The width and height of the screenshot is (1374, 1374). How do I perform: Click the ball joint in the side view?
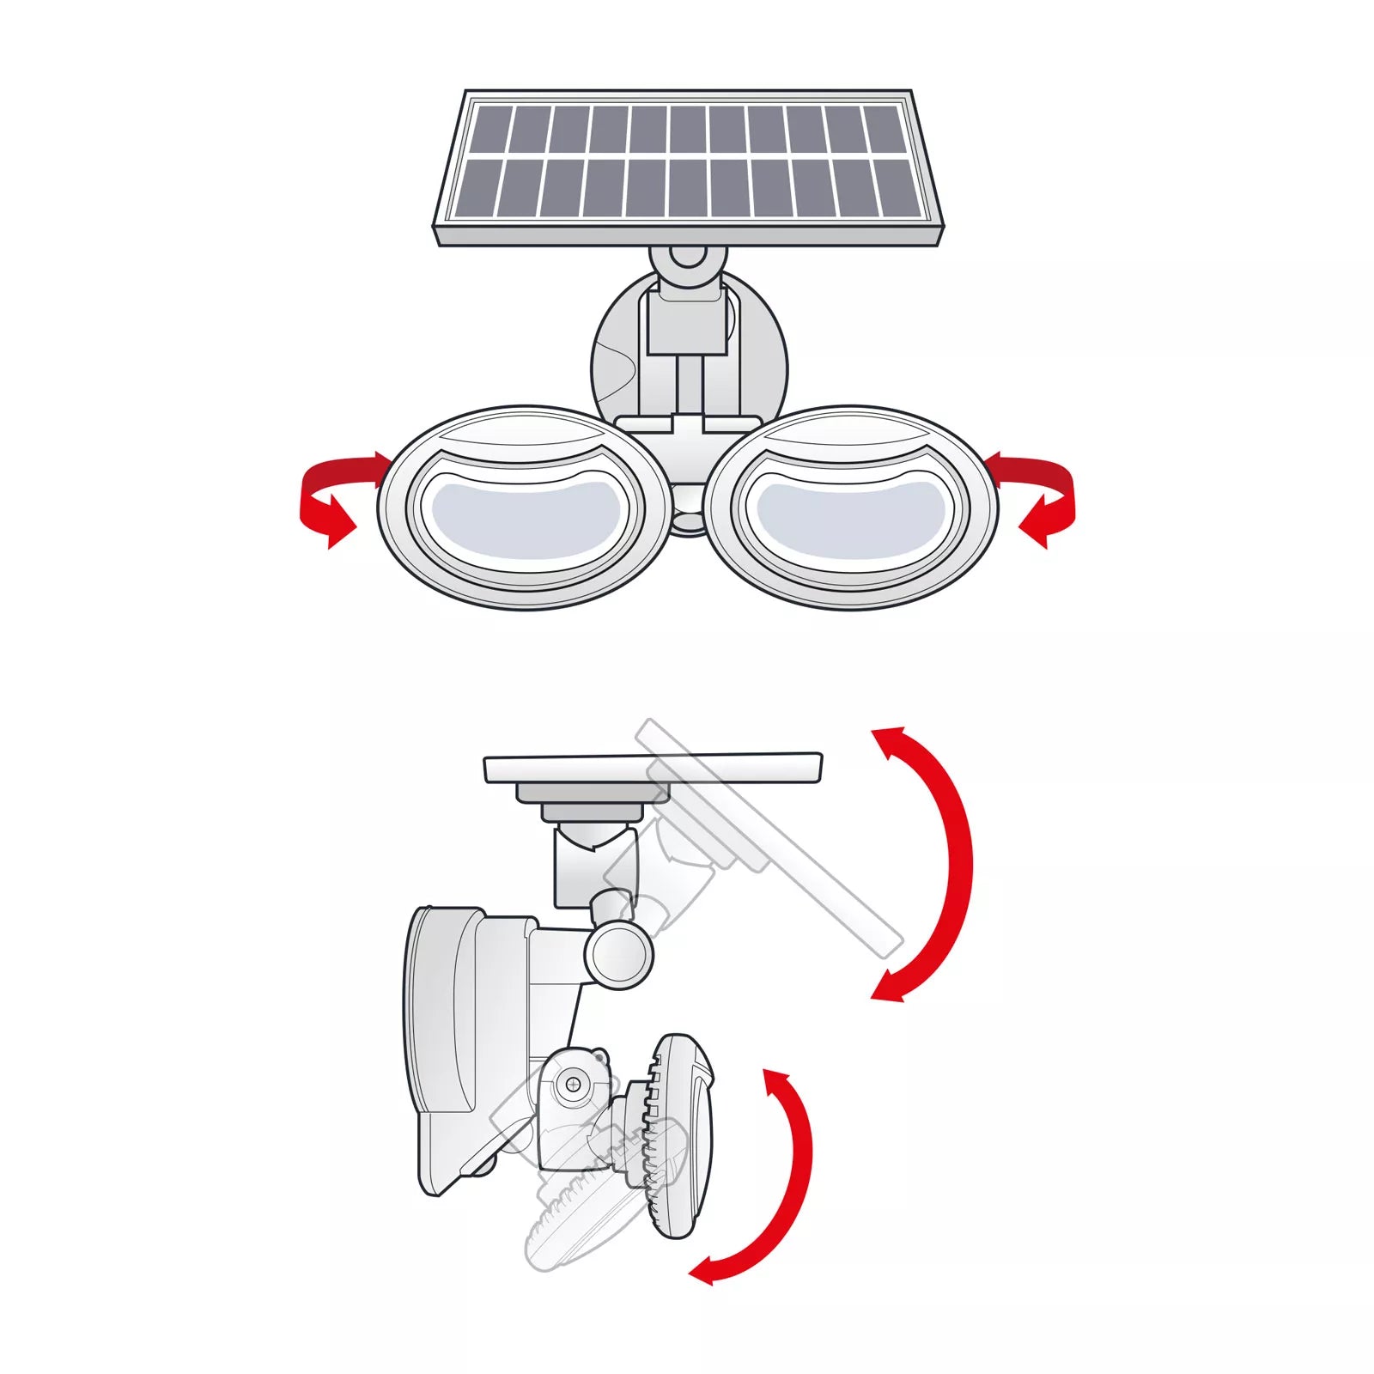point(618,953)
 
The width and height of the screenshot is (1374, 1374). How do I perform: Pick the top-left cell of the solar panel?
point(491,129)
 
